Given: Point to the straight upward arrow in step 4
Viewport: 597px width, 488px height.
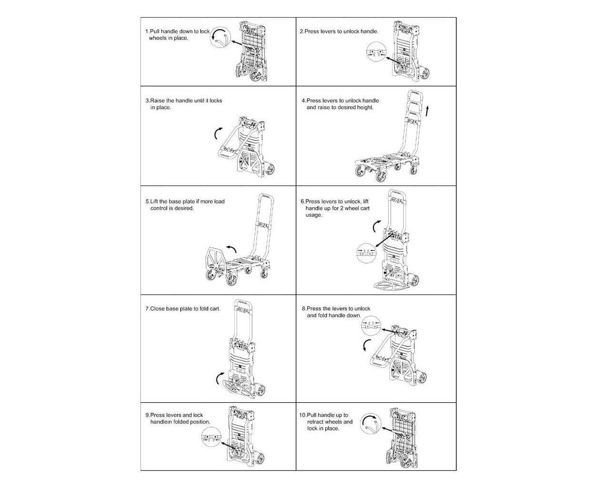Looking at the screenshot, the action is coord(427,111).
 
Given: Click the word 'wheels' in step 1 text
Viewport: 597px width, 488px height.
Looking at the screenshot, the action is coord(157,38).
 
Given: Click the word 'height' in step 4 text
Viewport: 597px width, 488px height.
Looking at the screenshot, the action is coord(365,108).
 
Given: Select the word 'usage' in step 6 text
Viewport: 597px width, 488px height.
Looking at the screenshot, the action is coord(313,215).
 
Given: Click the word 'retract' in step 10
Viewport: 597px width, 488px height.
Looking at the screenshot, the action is coord(316,422).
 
